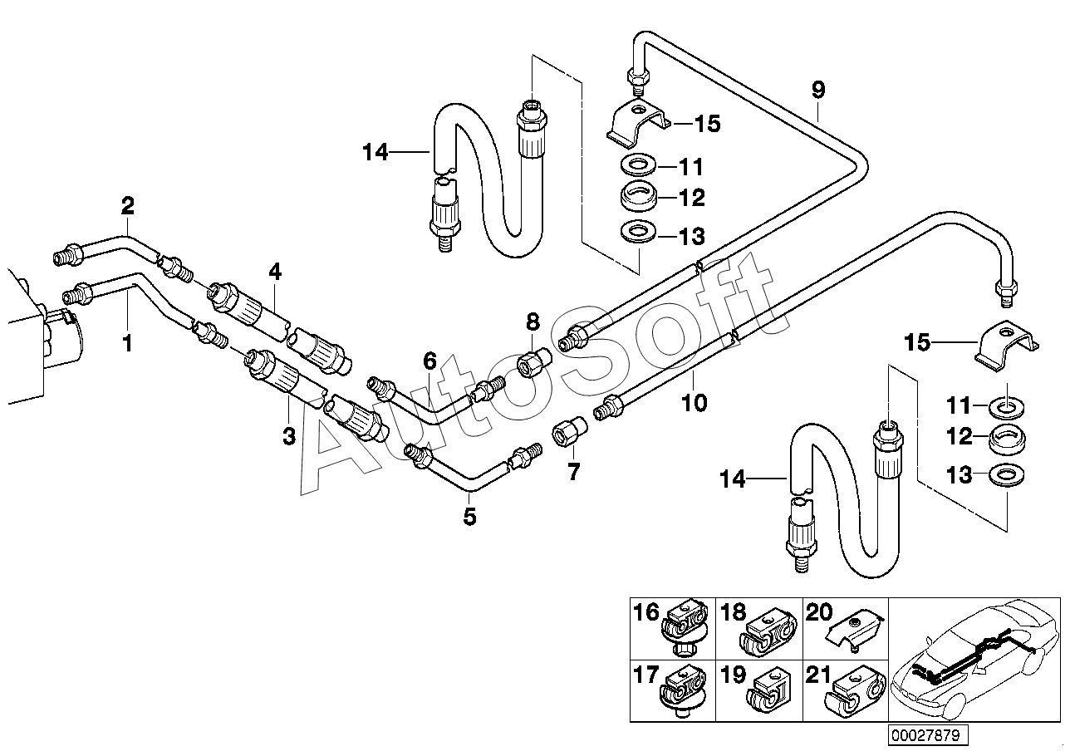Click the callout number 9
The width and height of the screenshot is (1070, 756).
pyautogui.click(x=818, y=90)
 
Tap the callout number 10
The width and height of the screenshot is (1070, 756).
pyautogui.click(x=694, y=403)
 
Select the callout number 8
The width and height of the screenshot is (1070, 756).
pyautogui.click(x=533, y=322)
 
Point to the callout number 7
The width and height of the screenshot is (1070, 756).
pyautogui.click(x=573, y=472)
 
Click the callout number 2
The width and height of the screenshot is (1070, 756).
pyautogui.click(x=128, y=206)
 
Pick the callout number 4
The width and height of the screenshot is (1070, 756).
pyautogui.click(x=275, y=272)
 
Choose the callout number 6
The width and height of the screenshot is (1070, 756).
pyautogui.click(x=430, y=361)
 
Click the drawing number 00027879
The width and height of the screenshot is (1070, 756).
pyautogui.click(x=928, y=734)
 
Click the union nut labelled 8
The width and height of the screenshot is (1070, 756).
pyautogui.click(x=533, y=362)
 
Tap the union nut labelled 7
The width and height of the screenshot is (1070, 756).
pyautogui.click(x=569, y=431)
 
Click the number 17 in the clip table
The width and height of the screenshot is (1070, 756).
pyautogui.click(x=645, y=675)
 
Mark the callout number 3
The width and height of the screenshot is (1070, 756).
pyautogui.click(x=289, y=435)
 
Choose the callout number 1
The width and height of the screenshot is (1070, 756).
pyautogui.click(x=128, y=343)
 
